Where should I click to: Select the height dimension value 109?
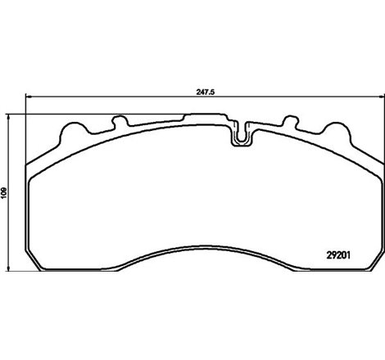point(6,191)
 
